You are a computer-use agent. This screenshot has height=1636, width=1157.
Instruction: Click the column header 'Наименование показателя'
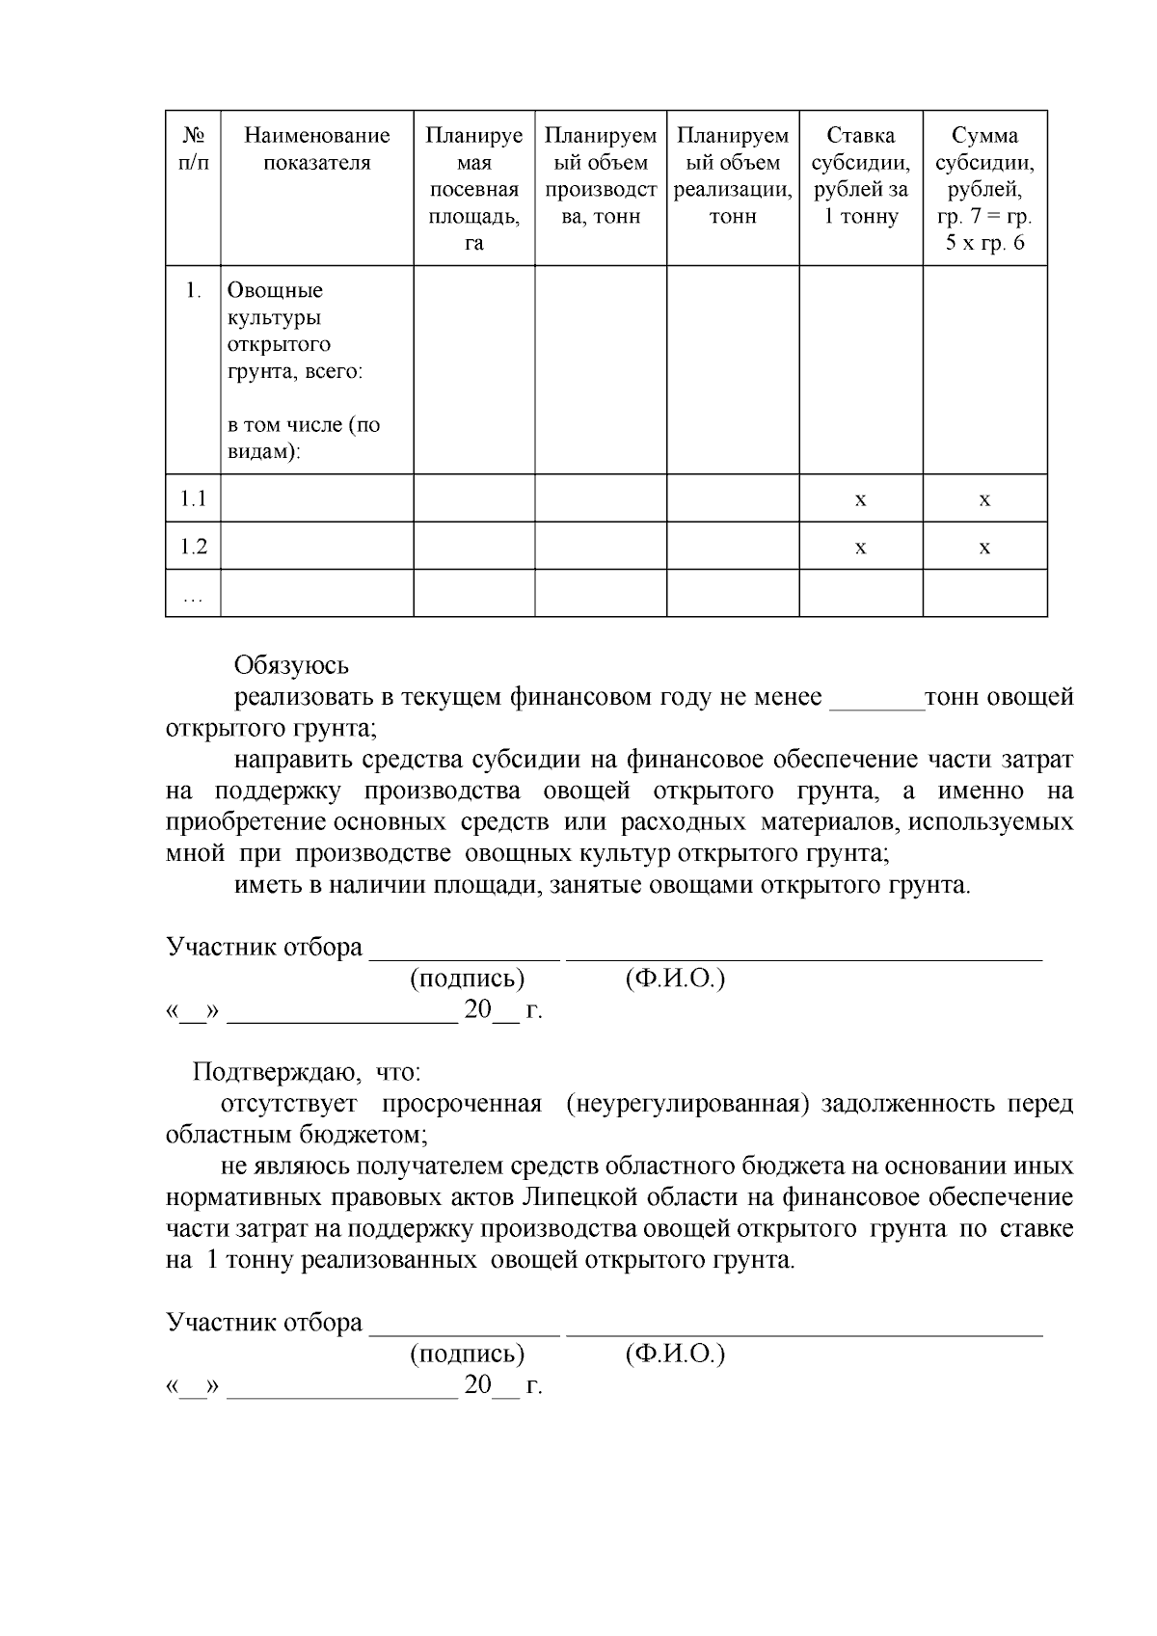coord(316,149)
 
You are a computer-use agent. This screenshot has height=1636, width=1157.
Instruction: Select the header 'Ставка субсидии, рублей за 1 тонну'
coord(860,175)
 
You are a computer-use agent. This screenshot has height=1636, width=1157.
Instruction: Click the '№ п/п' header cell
coord(193,149)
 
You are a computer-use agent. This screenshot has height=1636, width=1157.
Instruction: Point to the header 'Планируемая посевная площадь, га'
coord(473,189)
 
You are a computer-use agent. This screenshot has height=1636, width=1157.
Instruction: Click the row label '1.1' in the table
coord(193,498)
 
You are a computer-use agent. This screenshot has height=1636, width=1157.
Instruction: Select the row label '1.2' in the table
coord(193,547)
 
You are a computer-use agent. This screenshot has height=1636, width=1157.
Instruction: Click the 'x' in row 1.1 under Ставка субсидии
coord(860,499)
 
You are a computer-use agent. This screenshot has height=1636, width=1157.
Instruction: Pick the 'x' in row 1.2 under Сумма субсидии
coord(984,548)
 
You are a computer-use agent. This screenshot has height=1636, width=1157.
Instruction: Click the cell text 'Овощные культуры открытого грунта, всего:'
coord(294,331)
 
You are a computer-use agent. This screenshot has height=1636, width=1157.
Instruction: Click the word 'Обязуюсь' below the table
coord(291,666)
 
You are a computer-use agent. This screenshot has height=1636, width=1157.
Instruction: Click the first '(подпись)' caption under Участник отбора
coord(467,979)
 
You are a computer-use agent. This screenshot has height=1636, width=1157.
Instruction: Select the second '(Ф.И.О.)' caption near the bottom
coord(675,1354)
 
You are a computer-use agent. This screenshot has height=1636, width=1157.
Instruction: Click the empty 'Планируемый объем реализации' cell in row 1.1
coord(732,498)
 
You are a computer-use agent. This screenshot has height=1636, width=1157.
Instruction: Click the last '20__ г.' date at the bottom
coord(502,1386)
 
